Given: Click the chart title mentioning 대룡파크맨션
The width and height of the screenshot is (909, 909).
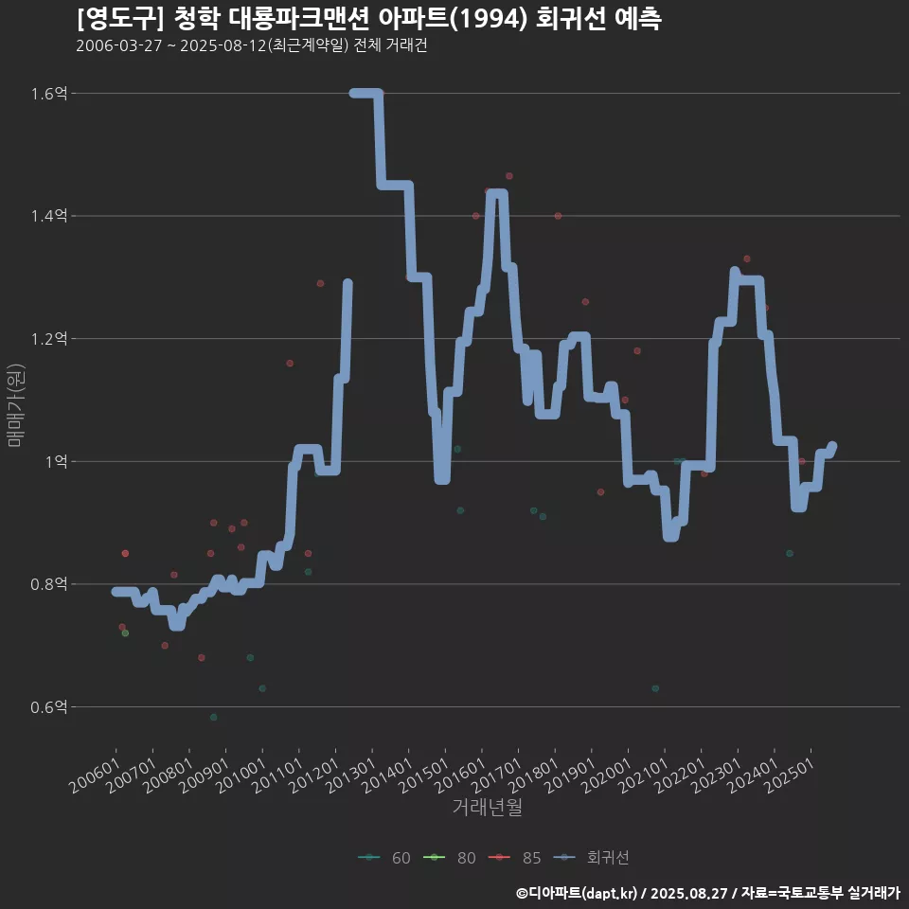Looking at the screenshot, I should [x=368, y=19].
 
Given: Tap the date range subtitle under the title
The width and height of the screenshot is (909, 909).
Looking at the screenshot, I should [x=251, y=45].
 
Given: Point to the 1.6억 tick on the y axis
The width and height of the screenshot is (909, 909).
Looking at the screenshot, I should [x=48, y=94].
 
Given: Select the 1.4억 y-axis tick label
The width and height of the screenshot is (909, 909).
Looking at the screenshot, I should [x=48, y=216].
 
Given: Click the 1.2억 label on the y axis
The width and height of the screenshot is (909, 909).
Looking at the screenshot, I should [x=48, y=339].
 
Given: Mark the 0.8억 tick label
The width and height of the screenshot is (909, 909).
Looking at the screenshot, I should [x=48, y=584].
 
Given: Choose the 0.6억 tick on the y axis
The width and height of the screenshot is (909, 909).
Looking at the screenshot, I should [x=48, y=706].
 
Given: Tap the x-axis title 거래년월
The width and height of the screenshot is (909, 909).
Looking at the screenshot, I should [x=487, y=807].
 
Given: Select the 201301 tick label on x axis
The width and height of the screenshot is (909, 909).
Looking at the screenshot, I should [x=348, y=774].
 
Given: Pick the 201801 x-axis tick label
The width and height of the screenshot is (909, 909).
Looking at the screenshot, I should [x=531, y=774].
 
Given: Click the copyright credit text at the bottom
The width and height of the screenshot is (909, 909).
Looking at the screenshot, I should [x=707, y=893].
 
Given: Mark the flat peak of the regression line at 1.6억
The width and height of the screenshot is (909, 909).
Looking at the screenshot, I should [x=365, y=93].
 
